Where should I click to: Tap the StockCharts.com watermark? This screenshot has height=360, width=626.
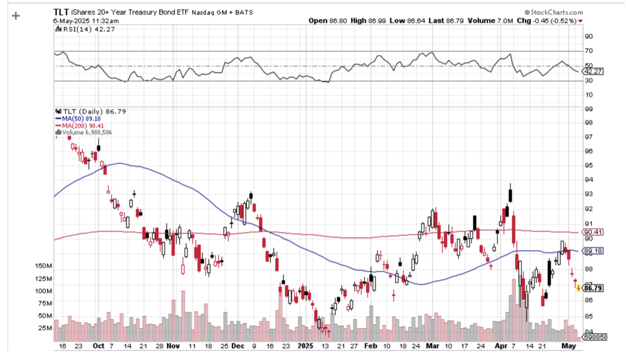[x=554, y=12]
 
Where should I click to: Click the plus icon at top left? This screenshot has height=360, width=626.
[x=16, y=15]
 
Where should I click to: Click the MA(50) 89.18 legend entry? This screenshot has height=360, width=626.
[x=77, y=119]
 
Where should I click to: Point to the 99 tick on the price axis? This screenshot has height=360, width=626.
[x=587, y=109]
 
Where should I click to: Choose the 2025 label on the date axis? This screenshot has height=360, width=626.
[x=306, y=347]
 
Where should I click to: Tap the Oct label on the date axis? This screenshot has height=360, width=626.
[x=99, y=347]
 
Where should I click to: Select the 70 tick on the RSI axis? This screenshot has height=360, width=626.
[x=588, y=51]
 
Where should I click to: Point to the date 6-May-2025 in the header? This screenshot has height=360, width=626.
[x=72, y=21]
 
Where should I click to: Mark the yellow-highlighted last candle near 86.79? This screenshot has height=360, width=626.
[x=577, y=288]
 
